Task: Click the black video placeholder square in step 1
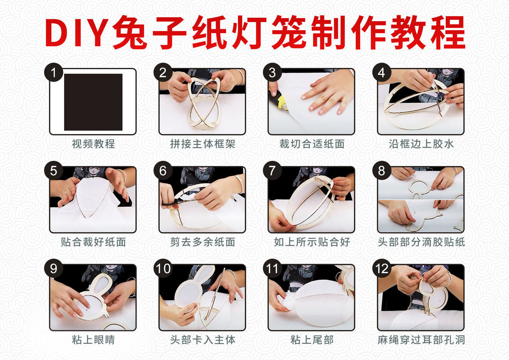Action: (x=93, y=102)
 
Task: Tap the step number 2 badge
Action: (x=163, y=72)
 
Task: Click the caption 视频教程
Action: (x=93, y=144)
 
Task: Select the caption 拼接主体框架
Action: (x=203, y=144)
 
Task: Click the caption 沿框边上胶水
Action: (x=421, y=144)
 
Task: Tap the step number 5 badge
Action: (x=53, y=171)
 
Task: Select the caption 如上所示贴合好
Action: (x=312, y=242)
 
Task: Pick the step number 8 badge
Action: (x=381, y=171)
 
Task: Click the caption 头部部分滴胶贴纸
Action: (x=421, y=242)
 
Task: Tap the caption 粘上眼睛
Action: (x=93, y=340)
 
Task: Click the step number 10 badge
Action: (x=163, y=268)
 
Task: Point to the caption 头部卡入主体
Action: (x=203, y=340)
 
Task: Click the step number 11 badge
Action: (x=272, y=268)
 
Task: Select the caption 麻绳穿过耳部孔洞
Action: (x=421, y=340)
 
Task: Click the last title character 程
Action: (x=448, y=32)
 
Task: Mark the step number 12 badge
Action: (x=381, y=268)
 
